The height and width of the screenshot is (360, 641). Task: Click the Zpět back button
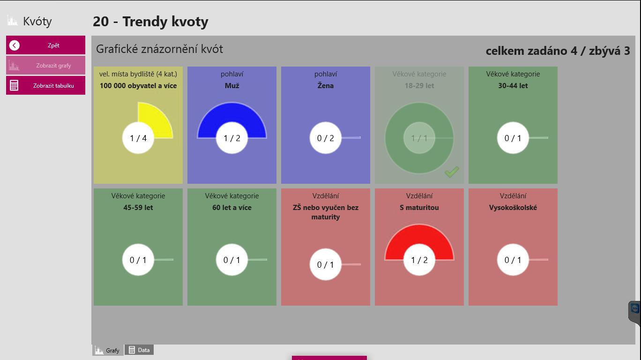coord(45,45)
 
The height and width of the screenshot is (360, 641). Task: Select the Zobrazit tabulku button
coord(45,86)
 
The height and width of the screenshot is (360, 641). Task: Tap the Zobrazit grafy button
coord(45,66)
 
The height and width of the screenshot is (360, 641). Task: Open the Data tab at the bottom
coord(139,350)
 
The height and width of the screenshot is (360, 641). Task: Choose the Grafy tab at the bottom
coord(108,350)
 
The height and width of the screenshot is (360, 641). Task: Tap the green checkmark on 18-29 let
coord(452,172)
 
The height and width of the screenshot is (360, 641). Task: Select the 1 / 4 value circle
coord(138,138)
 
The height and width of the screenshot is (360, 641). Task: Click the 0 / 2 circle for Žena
coord(326,138)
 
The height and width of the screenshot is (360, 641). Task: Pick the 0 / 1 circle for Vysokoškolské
coord(513,260)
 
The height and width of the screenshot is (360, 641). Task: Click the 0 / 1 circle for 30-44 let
coord(513,138)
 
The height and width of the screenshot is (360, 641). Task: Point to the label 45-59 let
coord(138,208)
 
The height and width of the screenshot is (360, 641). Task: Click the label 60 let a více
coord(232,208)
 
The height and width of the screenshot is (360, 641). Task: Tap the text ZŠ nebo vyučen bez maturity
coord(326,212)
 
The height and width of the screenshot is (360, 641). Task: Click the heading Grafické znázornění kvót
coord(159,49)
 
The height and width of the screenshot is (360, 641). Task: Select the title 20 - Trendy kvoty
coord(150,22)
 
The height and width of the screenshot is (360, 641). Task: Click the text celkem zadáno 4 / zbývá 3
coord(558,51)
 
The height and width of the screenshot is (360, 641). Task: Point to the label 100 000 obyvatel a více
coord(138,86)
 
